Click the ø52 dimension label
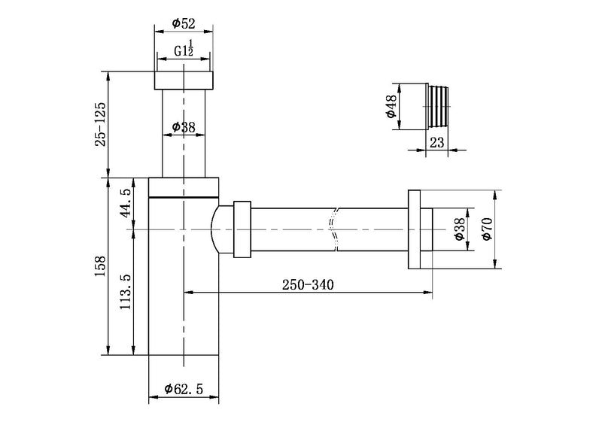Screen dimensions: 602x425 (x=184, y=24)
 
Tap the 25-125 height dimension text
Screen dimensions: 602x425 (x=101, y=124)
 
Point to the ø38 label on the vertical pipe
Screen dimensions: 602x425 (x=184, y=127)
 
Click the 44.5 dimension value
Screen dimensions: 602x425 (x=126, y=203)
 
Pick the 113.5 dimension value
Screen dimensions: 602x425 (x=126, y=291)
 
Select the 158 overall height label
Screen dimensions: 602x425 (x=101, y=266)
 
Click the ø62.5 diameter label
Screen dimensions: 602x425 (x=184, y=390)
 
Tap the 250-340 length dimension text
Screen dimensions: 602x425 (x=308, y=285)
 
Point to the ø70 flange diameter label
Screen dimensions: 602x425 (x=487, y=229)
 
